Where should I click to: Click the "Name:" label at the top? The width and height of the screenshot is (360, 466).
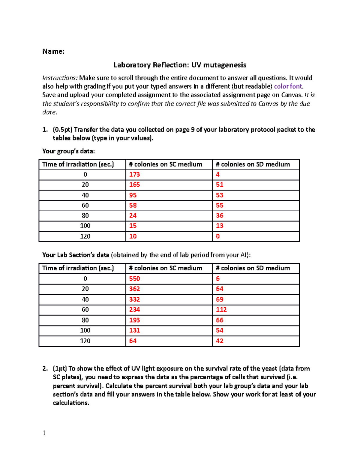[53, 51]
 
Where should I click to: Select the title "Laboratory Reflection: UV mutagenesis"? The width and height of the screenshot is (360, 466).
[180, 65]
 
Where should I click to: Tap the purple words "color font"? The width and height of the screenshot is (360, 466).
[288, 86]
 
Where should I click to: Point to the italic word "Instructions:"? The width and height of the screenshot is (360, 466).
[60, 78]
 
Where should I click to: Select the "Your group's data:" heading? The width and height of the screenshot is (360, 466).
[68, 151]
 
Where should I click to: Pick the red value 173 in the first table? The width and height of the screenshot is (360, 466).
[134, 175]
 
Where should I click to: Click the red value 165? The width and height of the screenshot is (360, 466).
[134, 185]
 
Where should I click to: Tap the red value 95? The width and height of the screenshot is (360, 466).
[133, 195]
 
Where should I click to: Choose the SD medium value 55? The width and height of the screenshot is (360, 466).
[220, 206]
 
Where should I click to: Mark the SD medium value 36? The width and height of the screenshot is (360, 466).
[220, 216]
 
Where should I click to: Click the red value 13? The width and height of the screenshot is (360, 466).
[220, 226]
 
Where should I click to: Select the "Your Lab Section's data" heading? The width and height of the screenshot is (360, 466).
[76, 255]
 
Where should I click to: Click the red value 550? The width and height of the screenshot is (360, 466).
[134, 279]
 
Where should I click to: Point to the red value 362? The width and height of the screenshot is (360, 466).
[134, 289]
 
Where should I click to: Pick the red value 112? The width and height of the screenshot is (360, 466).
[221, 310]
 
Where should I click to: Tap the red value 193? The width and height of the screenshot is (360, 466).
[134, 320]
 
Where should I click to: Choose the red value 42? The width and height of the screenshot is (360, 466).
[220, 341]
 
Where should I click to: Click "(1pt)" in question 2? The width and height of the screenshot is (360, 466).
[60, 368]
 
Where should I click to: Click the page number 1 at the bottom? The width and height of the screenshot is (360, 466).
[44, 433]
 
